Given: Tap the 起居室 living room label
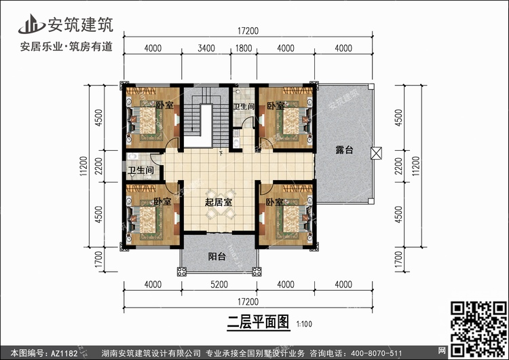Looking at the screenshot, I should [219, 202].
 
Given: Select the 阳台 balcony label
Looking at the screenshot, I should [217, 256].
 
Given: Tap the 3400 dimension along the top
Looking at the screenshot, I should [206, 48].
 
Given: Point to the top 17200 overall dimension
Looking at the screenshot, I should [248, 31].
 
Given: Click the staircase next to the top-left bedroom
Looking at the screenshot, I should [201, 120].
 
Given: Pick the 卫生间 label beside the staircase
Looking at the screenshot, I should [244, 107].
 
